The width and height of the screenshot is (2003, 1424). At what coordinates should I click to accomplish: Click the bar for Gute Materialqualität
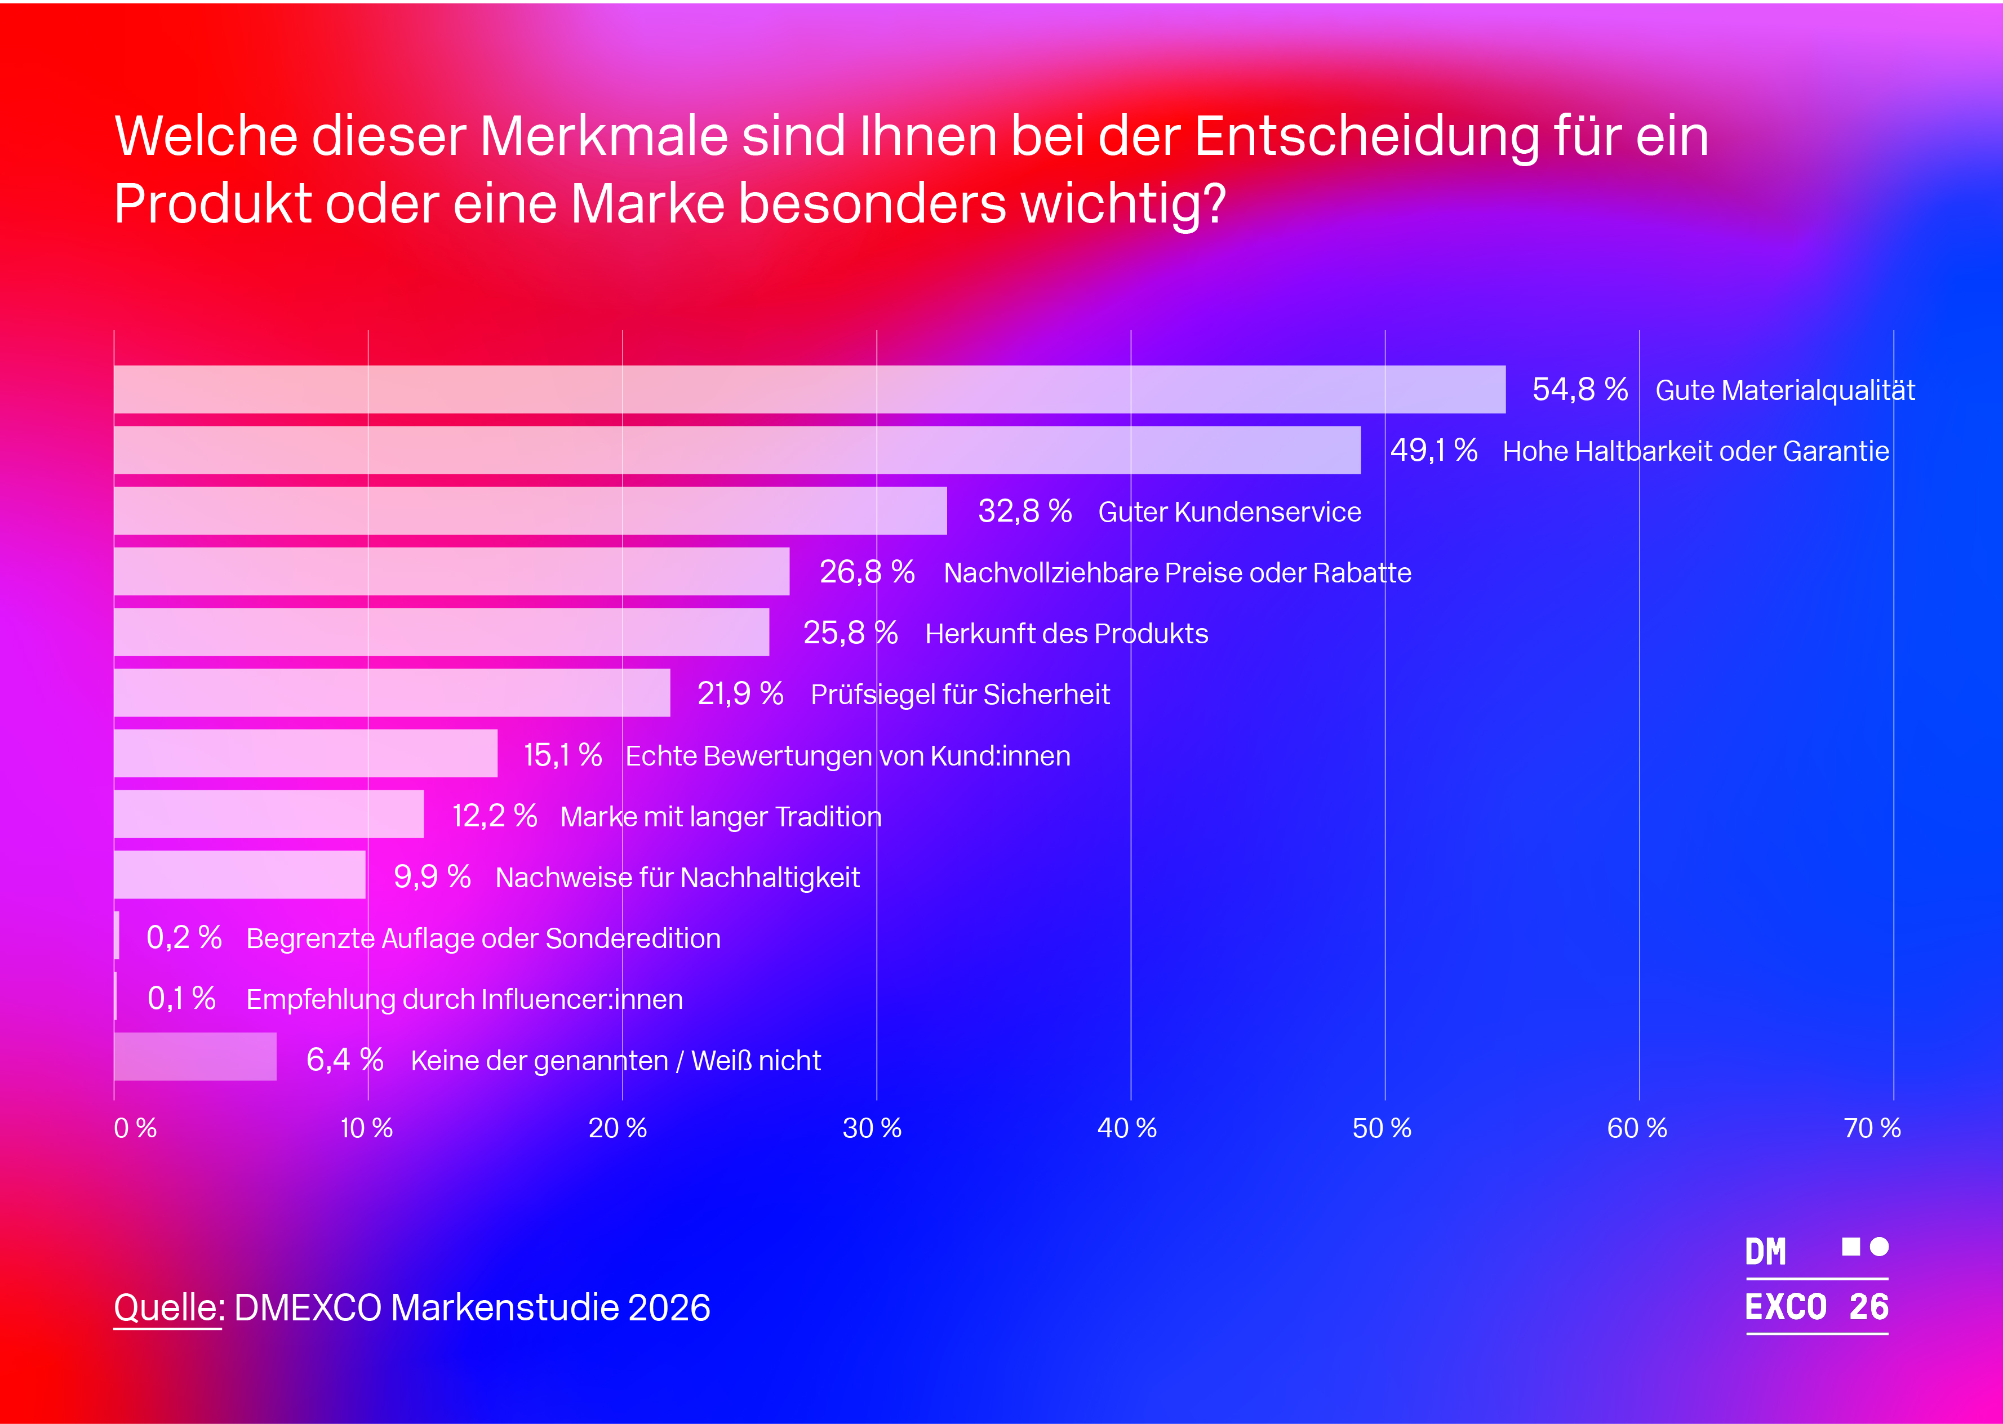click(x=809, y=389)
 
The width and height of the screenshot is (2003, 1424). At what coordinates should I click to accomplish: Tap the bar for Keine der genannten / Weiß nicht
click(x=195, y=1057)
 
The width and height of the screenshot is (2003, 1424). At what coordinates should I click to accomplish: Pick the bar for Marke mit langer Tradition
click(x=268, y=814)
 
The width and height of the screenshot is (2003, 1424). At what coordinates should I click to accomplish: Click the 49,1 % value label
click(x=1433, y=451)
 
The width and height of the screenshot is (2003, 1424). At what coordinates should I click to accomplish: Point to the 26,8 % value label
click(x=867, y=572)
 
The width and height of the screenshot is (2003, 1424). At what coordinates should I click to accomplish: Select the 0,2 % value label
click(x=183, y=937)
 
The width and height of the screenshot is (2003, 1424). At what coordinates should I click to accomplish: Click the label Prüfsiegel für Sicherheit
click(x=960, y=695)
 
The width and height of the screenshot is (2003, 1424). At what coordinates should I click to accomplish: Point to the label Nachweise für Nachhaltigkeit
click(x=677, y=877)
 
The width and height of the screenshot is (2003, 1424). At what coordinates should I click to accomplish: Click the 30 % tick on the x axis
click(x=872, y=1128)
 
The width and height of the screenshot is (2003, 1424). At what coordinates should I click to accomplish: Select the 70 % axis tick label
click(x=1872, y=1128)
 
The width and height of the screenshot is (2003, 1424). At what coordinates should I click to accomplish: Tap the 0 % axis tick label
click(x=135, y=1128)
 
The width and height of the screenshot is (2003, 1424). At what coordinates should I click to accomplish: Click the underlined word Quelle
click(x=167, y=1307)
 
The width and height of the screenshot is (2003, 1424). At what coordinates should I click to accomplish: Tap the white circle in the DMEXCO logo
click(x=1878, y=1246)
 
